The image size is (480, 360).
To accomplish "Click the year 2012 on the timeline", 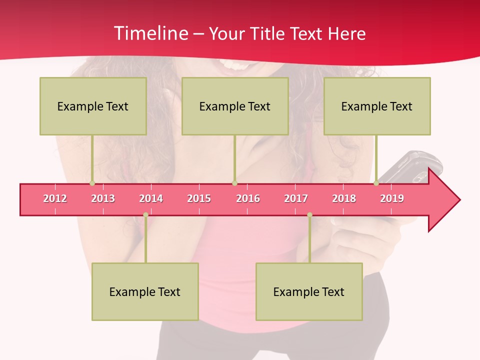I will [55, 198].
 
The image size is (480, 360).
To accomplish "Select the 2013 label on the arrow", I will [103, 198].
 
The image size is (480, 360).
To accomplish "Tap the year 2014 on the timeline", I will [151, 198].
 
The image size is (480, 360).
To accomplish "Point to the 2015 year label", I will [199, 198].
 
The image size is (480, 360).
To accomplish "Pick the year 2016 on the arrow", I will [248, 198].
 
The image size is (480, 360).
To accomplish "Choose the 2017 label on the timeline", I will [296, 198].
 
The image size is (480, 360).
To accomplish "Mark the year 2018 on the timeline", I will [344, 198].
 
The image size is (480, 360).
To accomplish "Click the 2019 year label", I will [392, 198].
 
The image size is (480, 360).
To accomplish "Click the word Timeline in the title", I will [150, 33].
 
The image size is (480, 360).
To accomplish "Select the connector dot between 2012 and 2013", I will [92, 183].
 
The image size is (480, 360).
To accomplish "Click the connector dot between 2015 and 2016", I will [234, 183].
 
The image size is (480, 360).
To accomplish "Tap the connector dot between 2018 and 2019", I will [376, 183].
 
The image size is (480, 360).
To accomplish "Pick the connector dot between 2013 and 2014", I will [145, 215].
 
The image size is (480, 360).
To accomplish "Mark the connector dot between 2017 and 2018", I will [309, 215].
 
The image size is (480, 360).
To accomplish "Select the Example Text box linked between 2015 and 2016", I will [235, 106].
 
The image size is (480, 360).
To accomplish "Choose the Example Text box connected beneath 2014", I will [145, 291].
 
